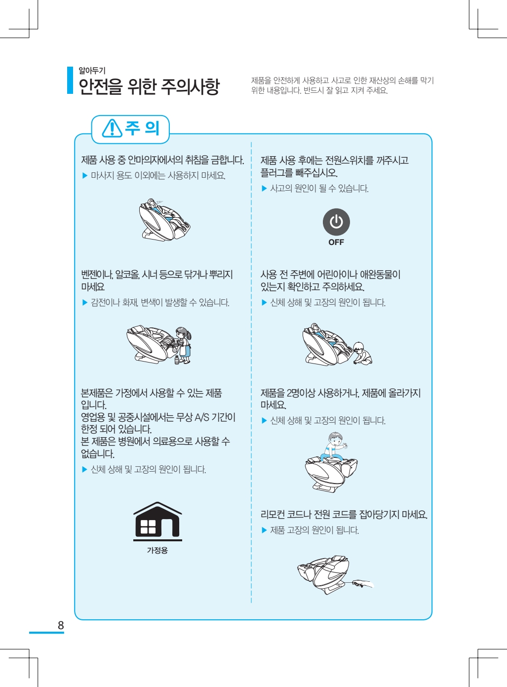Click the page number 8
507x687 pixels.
coord(61,625)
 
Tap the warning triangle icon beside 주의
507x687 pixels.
coord(112,128)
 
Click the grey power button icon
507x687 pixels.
coord(336,222)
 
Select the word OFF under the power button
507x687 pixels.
coord(336,242)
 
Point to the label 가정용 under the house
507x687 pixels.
coord(157,550)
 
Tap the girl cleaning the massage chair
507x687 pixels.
coord(184,345)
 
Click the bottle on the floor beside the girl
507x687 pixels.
coord(177,360)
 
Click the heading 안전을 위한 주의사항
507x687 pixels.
coord(149,86)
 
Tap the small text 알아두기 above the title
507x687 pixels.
coord(92,71)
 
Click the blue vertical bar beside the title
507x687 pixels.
coord(70,80)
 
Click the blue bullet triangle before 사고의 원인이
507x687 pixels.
coord(264,188)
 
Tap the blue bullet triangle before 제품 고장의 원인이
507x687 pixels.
coord(264,530)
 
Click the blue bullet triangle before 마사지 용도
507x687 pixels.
coord(85,176)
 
